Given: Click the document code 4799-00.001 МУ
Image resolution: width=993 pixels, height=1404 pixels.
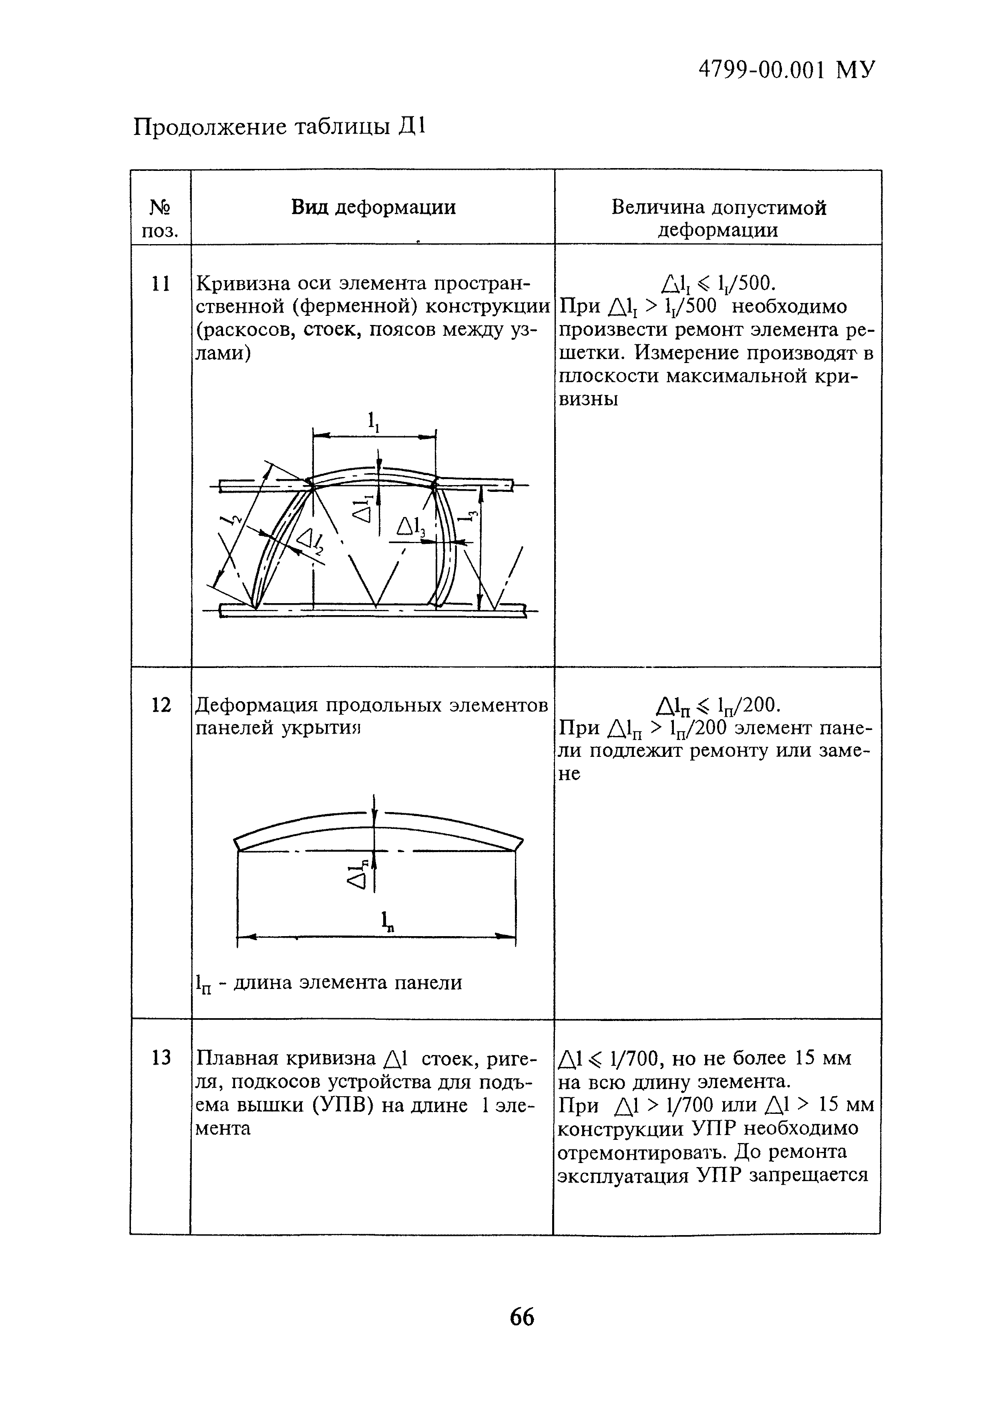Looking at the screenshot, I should click(x=786, y=70).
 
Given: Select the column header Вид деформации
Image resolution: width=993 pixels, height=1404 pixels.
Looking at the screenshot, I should click(x=373, y=207).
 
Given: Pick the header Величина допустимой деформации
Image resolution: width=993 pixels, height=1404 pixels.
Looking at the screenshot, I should click(x=718, y=219).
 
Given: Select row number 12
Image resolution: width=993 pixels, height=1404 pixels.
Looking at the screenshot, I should click(x=160, y=705).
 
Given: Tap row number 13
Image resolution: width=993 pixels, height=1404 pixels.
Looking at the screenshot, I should click(x=160, y=1057).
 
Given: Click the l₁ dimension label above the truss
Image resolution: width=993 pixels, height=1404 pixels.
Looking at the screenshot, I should click(x=373, y=421).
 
